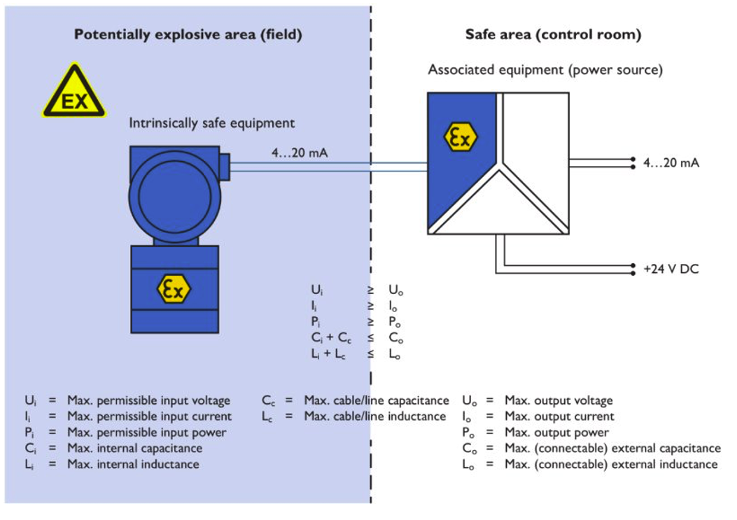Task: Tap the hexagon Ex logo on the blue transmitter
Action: point(173,288)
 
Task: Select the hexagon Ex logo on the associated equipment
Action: point(461,138)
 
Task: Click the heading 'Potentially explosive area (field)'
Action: point(188,34)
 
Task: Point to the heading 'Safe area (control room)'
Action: point(553,34)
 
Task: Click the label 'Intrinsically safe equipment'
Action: point(211,123)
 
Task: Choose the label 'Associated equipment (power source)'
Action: point(545,70)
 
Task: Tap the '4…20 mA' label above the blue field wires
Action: point(300,152)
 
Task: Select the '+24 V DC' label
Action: point(671,268)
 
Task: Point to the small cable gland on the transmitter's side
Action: point(224,166)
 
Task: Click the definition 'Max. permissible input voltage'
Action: point(148,401)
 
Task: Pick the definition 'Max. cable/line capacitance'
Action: point(376,401)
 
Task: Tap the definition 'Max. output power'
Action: point(556,433)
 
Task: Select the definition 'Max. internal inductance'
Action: point(133,464)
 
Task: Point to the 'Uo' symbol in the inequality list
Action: point(395,289)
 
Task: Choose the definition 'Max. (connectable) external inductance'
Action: point(610,464)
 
